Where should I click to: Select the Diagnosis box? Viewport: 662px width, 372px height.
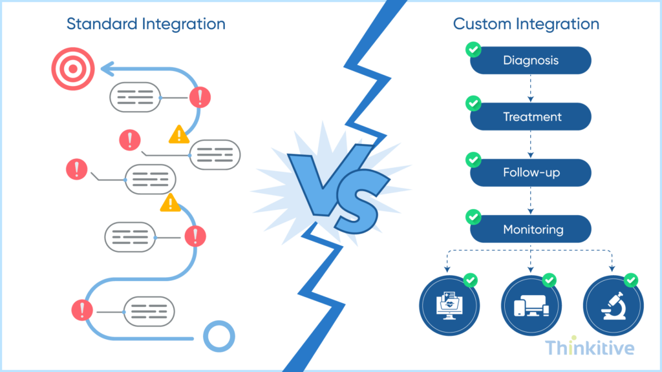pyautogui.click(x=531, y=61)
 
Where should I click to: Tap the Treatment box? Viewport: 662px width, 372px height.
pyautogui.click(x=531, y=117)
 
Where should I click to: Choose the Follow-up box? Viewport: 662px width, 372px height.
pyautogui.click(x=531, y=172)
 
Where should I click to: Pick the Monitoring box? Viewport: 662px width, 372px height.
pyautogui.click(x=531, y=229)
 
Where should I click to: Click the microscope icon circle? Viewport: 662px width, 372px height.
pyautogui.click(x=613, y=305)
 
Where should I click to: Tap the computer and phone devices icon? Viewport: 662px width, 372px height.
pyautogui.click(x=531, y=305)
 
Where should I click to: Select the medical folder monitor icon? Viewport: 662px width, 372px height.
pyautogui.click(x=449, y=305)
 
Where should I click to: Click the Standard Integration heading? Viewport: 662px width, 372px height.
pyautogui.click(x=146, y=25)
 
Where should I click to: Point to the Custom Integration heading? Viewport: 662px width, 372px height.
pyautogui.click(x=526, y=25)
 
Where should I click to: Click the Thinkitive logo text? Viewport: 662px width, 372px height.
pyautogui.click(x=589, y=348)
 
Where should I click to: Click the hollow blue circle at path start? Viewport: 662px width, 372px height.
pyautogui.click(x=219, y=336)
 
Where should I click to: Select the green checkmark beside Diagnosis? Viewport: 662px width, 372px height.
pyautogui.click(x=473, y=48)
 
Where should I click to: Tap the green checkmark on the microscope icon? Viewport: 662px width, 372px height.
pyautogui.click(x=631, y=280)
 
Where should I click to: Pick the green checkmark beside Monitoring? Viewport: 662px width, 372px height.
pyautogui.click(x=473, y=216)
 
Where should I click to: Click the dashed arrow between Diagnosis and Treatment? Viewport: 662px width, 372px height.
pyautogui.click(x=531, y=88)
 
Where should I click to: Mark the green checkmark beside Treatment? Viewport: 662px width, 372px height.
pyautogui.click(x=473, y=103)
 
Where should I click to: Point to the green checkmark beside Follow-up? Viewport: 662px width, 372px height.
pyautogui.click(x=473, y=159)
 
